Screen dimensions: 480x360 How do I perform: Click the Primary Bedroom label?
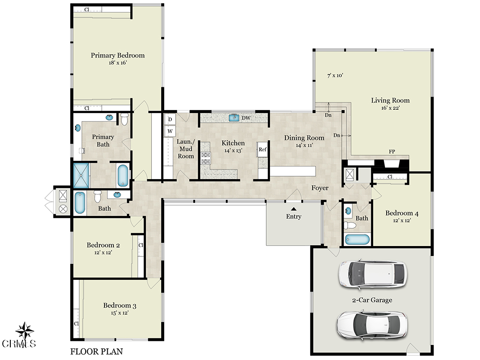[118, 55]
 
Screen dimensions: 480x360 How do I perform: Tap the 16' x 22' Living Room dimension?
[390, 108]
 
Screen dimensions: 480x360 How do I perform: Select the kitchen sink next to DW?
[234, 118]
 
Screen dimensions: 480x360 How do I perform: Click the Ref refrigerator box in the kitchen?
[262, 150]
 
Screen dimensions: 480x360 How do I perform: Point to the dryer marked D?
[170, 120]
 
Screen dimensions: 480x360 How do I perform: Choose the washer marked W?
[170, 131]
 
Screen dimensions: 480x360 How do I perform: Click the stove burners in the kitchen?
[205, 157]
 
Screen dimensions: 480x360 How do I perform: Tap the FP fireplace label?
[392, 151]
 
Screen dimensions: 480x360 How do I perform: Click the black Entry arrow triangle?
[293, 209]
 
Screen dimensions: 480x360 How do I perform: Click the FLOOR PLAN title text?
[97, 352]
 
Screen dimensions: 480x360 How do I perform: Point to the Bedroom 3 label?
[120, 306]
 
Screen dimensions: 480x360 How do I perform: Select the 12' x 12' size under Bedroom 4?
[402, 220]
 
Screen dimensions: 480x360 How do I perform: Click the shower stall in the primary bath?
[81, 175]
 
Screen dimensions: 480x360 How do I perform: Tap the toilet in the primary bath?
[124, 119]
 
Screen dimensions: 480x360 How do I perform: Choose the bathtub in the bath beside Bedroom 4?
[357, 240]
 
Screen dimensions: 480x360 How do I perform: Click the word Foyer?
[320, 188]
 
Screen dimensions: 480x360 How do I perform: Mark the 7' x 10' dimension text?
[335, 75]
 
